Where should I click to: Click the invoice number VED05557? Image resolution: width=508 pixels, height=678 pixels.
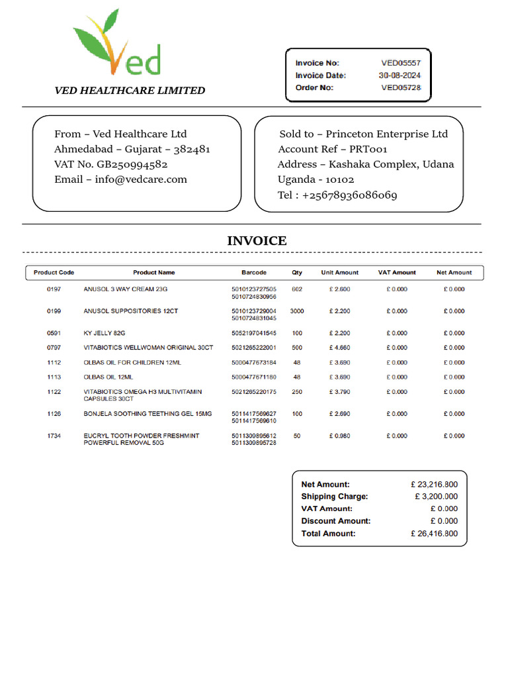point(401,63)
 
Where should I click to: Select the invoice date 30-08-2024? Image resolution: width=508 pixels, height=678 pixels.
point(400,75)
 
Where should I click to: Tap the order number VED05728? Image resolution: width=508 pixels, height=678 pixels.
point(401,87)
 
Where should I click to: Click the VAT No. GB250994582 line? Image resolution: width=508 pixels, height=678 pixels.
point(110,164)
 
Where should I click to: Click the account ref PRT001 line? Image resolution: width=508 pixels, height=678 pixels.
point(333,149)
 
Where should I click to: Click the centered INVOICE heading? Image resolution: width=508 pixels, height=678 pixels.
point(257,241)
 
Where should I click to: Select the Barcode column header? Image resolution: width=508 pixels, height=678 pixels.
point(254,273)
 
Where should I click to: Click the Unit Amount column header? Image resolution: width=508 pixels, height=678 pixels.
point(339,273)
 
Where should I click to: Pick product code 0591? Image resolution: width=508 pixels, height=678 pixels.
point(54,333)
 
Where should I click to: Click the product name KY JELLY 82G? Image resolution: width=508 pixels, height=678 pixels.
point(104,333)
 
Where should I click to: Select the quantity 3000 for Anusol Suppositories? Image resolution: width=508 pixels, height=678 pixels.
point(297,311)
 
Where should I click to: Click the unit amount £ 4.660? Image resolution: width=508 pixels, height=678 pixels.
point(339,348)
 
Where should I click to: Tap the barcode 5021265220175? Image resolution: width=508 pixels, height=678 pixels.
point(254,392)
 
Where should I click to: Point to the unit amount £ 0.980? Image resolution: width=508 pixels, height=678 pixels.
point(339,436)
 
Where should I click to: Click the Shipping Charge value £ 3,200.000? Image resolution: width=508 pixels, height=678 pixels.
point(436,497)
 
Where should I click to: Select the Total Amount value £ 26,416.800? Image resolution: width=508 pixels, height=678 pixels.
point(434,534)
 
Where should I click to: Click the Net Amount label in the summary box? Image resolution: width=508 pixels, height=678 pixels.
point(325,485)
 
